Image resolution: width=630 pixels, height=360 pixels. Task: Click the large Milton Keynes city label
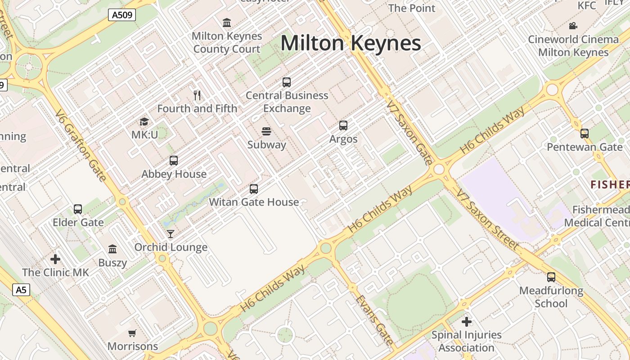pyautogui.click(x=351, y=43)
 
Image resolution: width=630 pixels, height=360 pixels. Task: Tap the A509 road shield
pyautogui.click(x=122, y=15)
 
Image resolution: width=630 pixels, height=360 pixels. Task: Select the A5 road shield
pyautogui.click(x=21, y=289)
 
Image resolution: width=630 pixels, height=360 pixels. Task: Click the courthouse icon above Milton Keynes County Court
pyautogui.click(x=227, y=22)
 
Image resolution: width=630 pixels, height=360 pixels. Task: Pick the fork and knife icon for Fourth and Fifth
pyautogui.click(x=197, y=95)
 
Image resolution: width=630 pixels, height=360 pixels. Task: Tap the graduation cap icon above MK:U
pyautogui.click(x=144, y=121)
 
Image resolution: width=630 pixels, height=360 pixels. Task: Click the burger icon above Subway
pyautogui.click(x=266, y=131)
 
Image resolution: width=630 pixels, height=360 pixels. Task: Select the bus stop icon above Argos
pyautogui.click(x=343, y=126)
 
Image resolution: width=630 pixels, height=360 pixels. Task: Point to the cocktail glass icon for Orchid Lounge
pyautogui.click(x=171, y=234)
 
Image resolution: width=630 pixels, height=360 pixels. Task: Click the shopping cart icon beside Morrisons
pyautogui.click(x=132, y=333)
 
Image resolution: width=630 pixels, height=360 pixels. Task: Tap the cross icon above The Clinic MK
pyautogui.click(x=55, y=259)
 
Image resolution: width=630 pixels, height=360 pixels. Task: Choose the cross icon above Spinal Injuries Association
pyautogui.click(x=467, y=321)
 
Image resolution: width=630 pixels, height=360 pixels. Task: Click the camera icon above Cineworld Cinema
pyautogui.click(x=573, y=26)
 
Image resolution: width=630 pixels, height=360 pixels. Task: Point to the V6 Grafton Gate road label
pyautogui.click(x=81, y=145)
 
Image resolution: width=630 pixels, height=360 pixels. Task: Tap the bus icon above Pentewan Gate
pyautogui.click(x=584, y=134)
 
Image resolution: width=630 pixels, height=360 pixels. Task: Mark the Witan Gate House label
pyautogui.click(x=254, y=202)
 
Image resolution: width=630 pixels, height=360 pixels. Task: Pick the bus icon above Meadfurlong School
pyautogui.click(x=551, y=277)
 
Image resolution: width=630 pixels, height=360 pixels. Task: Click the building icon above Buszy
pyautogui.click(x=112, y=249)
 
